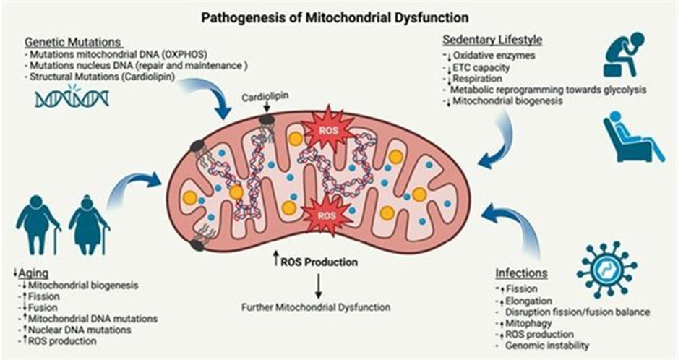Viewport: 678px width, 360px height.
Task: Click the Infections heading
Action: [x=520, y=274]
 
